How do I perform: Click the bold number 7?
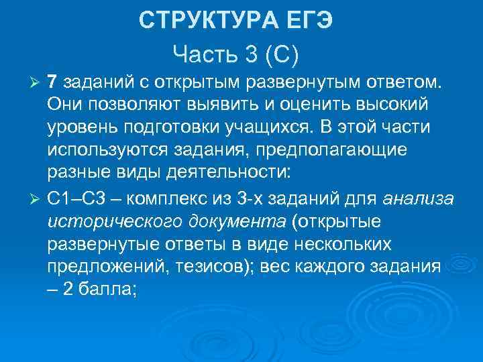pyautogui.click(x=53, y=81)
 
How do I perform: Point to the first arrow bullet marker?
pyautogui.click(x=38, y=82)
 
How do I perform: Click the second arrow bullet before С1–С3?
pyautogui.click(x=38, y=198)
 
